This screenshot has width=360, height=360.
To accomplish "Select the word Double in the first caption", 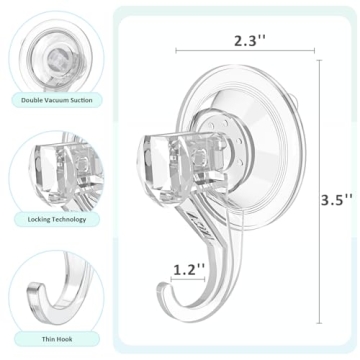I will click(29, 100).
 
